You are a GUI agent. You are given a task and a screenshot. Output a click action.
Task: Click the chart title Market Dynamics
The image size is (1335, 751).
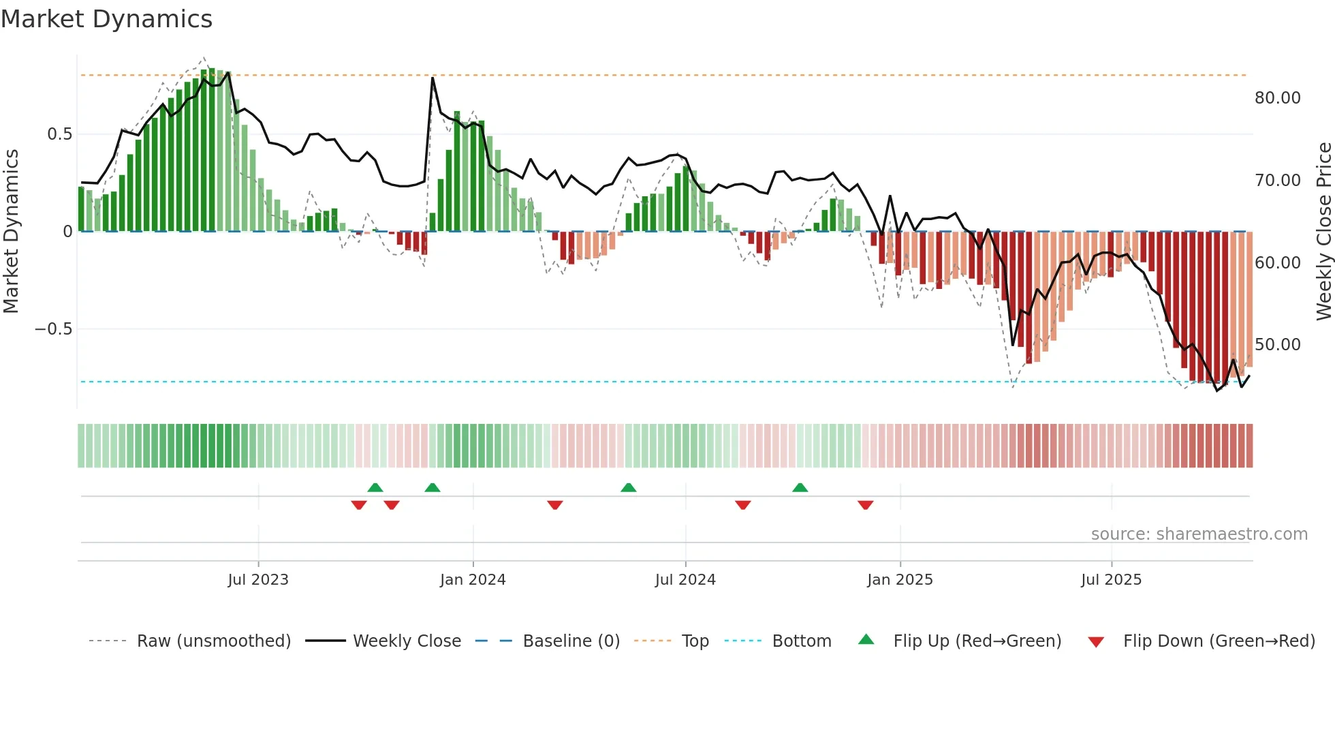(x=106, y=19)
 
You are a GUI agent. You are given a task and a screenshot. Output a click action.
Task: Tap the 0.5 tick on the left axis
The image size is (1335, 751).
(x=59, y=134)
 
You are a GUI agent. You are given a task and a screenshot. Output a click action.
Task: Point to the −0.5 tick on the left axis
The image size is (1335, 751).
(x=53, y=329)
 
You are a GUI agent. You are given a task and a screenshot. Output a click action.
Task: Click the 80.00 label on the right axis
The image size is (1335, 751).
(x=1277, y=98)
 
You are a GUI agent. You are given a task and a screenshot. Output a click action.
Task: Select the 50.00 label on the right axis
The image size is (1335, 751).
(x=1277, y=345)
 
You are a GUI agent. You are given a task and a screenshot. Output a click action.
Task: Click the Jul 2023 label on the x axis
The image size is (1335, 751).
(x=258, y=580)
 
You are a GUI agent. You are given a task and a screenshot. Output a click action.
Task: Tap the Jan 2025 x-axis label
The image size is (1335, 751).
(x=900, y=580)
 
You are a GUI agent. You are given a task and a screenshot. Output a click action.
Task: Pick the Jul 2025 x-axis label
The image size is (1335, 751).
(x=1111, y=580)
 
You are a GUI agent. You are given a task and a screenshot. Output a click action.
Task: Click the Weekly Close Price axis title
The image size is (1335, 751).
(x=1323, y=232)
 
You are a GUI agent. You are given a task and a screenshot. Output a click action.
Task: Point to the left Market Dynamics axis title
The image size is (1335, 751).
(x=11, y=232)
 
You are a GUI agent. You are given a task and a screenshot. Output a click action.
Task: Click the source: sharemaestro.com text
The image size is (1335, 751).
(x=1199, y=534)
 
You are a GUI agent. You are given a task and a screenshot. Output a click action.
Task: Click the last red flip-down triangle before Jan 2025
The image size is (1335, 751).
(x=866, y=505)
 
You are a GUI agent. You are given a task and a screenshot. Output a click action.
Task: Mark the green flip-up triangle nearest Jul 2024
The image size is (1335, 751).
(x=629, y=487)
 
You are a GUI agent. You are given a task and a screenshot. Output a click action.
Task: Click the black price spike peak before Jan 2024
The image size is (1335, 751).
(x=433, y=78)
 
